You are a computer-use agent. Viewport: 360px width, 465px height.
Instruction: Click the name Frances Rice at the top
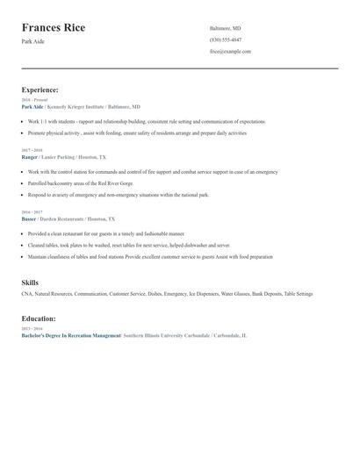54,28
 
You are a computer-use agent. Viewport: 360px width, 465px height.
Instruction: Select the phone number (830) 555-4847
226,39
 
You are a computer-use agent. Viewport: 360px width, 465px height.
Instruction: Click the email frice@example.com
230,51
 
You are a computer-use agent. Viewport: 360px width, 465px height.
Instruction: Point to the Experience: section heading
40,89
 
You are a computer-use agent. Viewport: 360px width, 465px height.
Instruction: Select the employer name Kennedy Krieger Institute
82,106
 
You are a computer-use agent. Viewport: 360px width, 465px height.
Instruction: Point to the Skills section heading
30,283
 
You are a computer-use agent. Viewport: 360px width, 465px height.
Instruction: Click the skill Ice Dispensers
204,294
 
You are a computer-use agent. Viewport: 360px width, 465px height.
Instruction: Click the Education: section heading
38,318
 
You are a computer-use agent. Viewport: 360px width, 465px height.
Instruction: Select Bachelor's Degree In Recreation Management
71,335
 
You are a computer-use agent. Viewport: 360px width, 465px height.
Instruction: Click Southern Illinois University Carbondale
167,335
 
